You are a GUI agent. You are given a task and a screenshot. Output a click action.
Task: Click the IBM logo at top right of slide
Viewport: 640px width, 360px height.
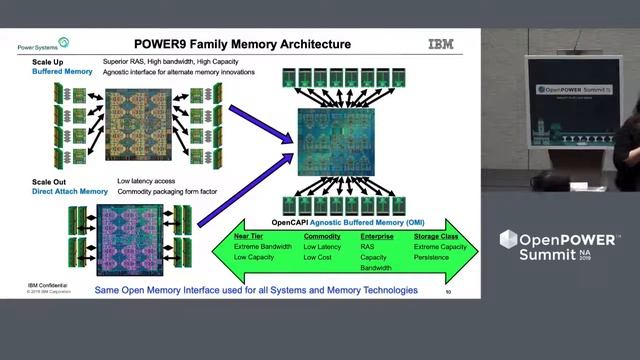click(x=440, y=44)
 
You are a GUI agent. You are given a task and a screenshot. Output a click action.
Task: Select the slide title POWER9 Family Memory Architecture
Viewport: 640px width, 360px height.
click(x=242, y=44)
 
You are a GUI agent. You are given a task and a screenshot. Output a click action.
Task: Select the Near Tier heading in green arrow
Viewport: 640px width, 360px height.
click(x=248, y=235)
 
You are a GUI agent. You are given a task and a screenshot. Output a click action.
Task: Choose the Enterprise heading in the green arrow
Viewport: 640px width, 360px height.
click(x=378, y=235)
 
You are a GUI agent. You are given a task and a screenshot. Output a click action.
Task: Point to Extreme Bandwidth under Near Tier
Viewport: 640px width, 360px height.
click(x=263, y=246)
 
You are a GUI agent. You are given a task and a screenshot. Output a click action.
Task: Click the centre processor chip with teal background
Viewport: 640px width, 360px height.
click(x=335, y=142)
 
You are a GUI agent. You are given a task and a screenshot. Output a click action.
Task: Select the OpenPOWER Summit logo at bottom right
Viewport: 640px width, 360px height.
click(x=560, y=245)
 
